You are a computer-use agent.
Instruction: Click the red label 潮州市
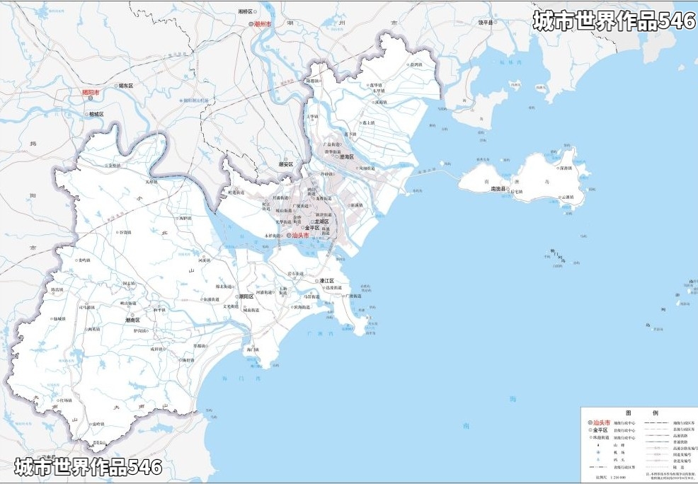coord(263,24)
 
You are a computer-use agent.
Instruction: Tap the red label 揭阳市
coord(91,92)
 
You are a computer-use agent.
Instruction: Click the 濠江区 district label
coord(326,281)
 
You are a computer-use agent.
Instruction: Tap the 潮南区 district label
coord(132,320)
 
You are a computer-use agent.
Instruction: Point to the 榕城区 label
coord(96,114)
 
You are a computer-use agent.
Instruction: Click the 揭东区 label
coord(126,86)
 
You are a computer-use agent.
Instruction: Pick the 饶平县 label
coord(484,22)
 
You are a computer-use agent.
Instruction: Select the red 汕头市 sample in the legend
coord(601,422)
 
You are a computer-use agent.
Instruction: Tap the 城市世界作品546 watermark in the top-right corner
coord(614,21)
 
